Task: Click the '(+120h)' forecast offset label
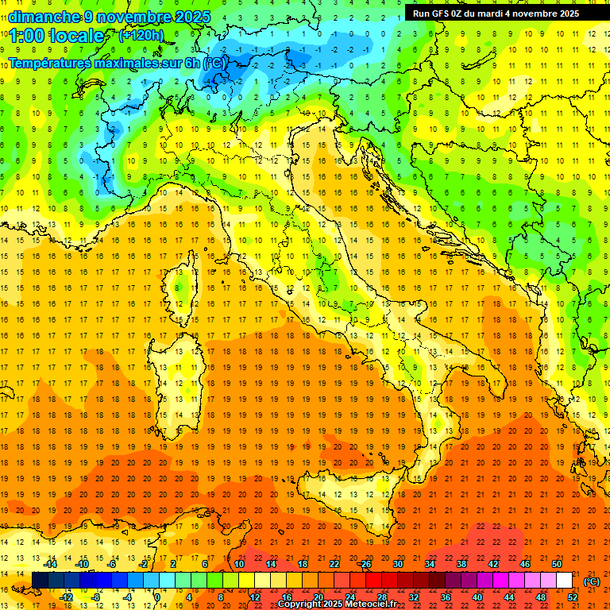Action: pos(142,35)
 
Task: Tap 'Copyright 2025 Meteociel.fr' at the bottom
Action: pos(337,604)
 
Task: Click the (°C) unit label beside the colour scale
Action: pos(592,581)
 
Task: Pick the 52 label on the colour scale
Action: pos(573,597)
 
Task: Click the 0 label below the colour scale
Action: pos(157,597)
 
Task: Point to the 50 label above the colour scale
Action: pos(557,564)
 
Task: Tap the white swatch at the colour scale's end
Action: pos(565,581)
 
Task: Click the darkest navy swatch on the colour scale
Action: pos(40,581)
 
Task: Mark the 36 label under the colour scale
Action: pos(446,597)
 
